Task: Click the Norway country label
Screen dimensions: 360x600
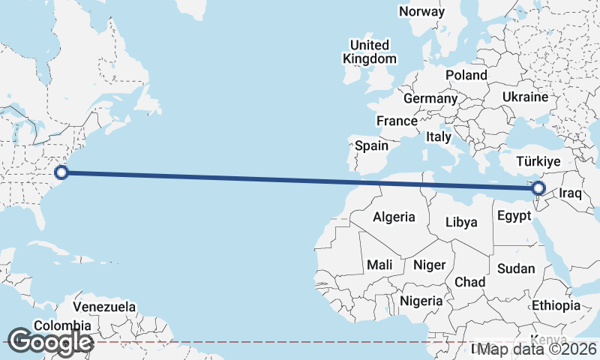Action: point(421,11)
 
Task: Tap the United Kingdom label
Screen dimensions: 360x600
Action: point(369,52)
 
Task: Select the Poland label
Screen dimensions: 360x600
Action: point(466,75)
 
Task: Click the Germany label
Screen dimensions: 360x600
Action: point(430,98)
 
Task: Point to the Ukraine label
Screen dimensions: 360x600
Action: point(525,97)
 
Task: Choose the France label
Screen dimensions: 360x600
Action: point(397,121)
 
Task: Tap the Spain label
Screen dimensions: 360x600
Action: point(371,145)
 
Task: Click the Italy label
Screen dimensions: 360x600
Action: point(438,137)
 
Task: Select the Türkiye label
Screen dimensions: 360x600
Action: point(538,161)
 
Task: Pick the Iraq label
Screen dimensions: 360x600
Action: point(571,193)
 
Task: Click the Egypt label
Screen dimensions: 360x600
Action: point(514,216)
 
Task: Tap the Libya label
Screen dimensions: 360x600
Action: point(461,222)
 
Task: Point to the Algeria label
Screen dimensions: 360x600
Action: point(394,217)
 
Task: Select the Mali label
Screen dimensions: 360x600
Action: point(379,265)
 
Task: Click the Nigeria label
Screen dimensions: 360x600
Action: point(423,301)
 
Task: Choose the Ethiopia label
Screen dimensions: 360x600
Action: point(556,305)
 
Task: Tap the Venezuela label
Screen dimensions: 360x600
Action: point(104,307)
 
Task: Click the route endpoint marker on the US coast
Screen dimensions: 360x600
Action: point(62,173)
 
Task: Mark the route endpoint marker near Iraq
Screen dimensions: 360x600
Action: point(538,187)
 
